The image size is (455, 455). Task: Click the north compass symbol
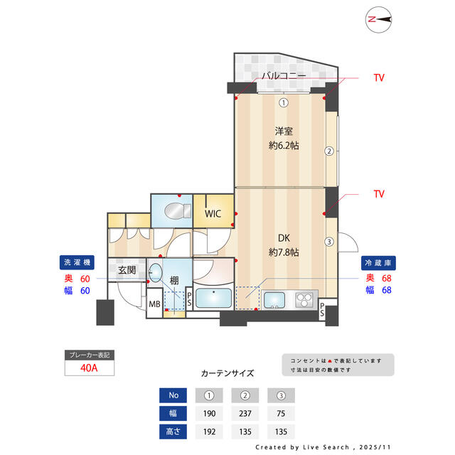[x=381, y=21]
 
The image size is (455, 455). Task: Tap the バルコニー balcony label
[x=283, y=76]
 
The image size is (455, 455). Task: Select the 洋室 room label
[x=283, y=132]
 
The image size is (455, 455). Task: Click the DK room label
[x=283, y=238]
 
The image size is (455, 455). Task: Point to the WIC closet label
[x=213, y=213]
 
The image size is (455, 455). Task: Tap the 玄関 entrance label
[x=127, y=270]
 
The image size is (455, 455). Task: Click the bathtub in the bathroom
[x=213, y=299]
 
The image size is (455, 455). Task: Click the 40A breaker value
[x=88, y=368]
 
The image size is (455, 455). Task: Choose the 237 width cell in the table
[x=245, y=414]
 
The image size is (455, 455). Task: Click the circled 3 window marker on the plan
[x=328, y=241]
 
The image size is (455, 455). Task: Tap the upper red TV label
[x=379, y=77]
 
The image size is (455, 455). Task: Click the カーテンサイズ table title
[x=227, y=373]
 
